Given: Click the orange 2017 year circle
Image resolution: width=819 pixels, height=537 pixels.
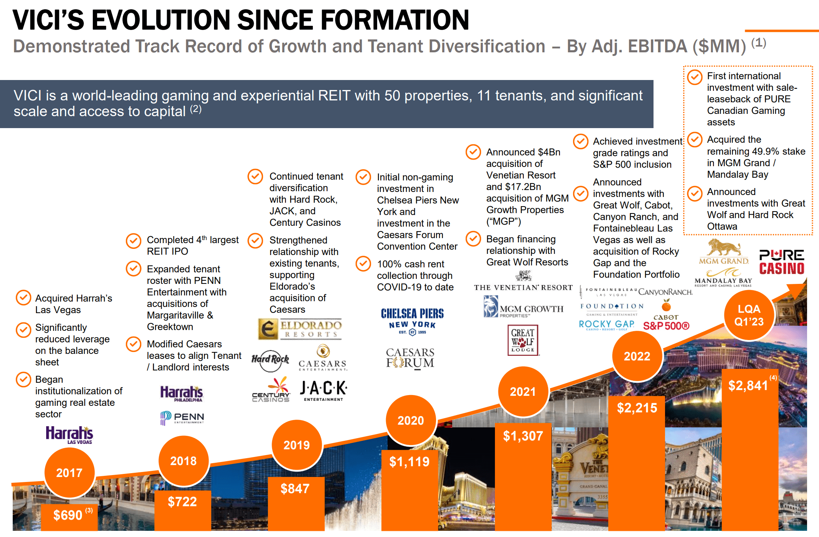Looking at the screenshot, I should click(x=70, y=472).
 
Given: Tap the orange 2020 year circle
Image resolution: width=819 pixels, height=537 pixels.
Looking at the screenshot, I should click(x=411, y=420).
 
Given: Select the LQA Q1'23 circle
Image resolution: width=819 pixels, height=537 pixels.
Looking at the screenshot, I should click(x=749, y=315).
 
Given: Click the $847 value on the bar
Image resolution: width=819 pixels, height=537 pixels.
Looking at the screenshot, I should click(x=295, y=489).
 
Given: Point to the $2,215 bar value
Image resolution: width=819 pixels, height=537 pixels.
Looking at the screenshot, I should click(x=637, y=408).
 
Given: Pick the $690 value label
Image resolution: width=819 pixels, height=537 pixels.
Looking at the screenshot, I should click(x=68, y=515).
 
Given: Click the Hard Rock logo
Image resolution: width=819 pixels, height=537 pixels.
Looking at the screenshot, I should click(x=270, y=360).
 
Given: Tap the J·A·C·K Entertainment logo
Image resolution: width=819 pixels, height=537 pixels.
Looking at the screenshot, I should click(x=323, y=391).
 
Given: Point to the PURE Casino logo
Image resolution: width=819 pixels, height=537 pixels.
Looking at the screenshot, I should click(x=781, y=262).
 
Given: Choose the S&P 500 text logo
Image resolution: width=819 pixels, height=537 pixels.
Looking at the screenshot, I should click(x=666, y=326).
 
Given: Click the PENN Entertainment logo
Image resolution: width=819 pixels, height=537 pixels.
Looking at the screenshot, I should click(x=182, y=417).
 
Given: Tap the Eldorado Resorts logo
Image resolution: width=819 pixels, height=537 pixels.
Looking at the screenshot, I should click(x=300, y=329).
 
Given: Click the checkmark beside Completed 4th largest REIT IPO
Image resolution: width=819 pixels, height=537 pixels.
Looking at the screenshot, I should click(x=134, y=241).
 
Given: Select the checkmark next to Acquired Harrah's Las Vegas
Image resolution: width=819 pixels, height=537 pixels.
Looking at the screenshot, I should click(x=23, y=297).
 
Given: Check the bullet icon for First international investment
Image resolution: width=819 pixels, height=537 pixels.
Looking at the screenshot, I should click(x=695, y=77).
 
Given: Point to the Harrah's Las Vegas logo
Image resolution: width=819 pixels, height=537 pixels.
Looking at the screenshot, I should click(x=70, y=435).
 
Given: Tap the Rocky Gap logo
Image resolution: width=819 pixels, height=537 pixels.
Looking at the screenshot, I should click(x=607, y=325).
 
